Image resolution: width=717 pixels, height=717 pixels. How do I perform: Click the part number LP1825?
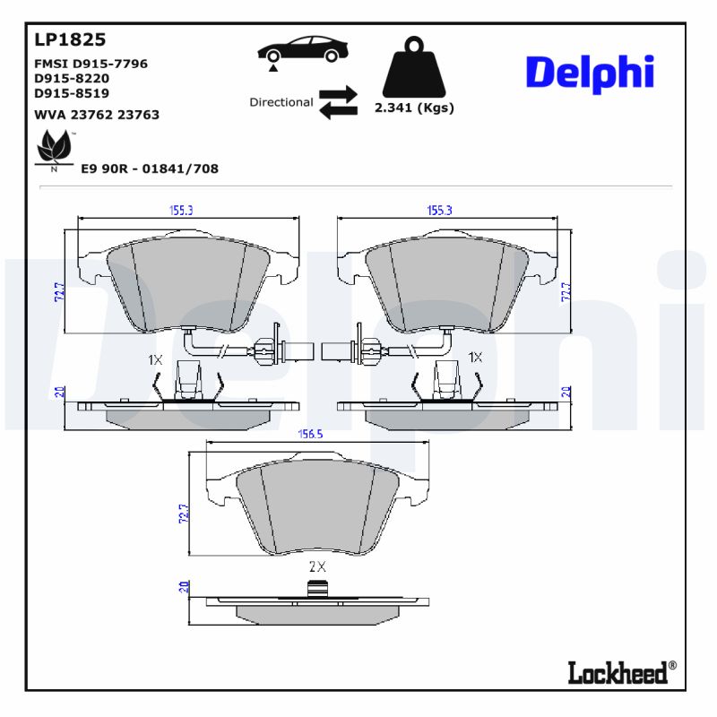[70, 39]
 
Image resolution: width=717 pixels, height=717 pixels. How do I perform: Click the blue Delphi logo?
[589, 73]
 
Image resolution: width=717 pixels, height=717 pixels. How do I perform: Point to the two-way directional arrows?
[338, 102]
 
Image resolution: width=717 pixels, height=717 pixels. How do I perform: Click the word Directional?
[281, 102]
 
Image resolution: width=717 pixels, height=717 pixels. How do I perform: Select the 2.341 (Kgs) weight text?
[413, 108]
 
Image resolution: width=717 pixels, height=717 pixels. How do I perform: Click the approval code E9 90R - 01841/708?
[150, 168]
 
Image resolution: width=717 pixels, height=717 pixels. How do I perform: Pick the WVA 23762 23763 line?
[97, 115]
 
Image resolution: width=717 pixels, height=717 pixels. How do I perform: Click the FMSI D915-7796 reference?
[91, 64]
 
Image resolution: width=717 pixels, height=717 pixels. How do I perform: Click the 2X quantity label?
[316, 566]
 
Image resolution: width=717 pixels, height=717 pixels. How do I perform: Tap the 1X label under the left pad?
[155, 359]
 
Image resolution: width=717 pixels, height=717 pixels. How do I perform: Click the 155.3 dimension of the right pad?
[439, 210]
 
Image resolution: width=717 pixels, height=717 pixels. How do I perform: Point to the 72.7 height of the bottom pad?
[185, 514]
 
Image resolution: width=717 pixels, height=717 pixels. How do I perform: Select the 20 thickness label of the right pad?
[566, 391]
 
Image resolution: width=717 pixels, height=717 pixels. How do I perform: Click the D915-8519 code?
[71, 92]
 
